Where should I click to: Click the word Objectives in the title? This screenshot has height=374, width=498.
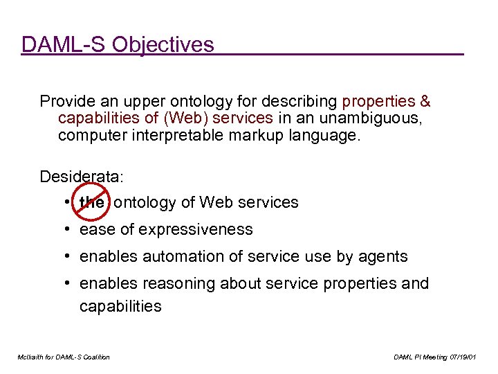tap(163, 45)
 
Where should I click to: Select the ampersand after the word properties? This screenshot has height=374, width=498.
tap(425, 101)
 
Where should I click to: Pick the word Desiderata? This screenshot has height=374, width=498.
tap(80, 177)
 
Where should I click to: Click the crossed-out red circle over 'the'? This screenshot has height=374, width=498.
tap(91, 202)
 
